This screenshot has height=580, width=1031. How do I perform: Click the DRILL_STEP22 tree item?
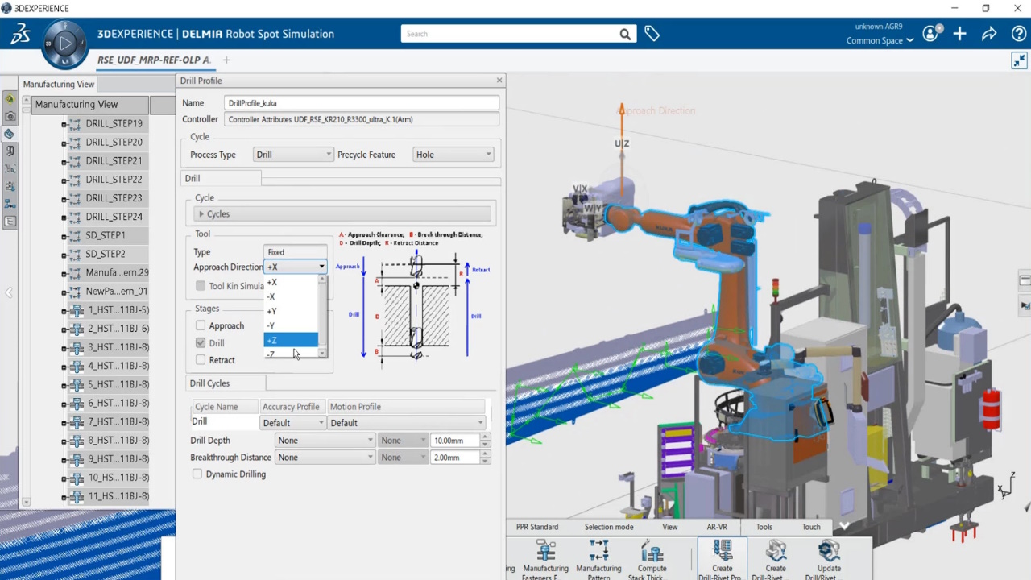(x=114, y=180)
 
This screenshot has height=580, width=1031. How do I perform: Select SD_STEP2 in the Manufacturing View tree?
(x=106, y=254)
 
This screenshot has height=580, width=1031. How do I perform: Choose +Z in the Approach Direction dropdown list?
(x=291, y=340)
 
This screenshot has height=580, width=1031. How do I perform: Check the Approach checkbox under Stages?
(x=201, y=325)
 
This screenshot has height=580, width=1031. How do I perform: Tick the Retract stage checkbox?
(x=201, y=360)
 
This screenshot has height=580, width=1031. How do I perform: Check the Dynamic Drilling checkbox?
(x=197, y=474)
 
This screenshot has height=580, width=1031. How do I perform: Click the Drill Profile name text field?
(x=361, y=103)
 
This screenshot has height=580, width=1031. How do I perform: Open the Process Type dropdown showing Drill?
(x=292, y=155)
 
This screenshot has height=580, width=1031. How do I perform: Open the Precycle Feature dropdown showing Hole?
(x=453, y=155)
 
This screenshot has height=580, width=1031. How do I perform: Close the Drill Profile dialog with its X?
(x=499, y=80)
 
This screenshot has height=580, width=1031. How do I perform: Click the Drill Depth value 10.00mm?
(x=454, y=441)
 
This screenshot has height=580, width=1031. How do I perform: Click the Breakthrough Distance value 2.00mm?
(x=454, y=458)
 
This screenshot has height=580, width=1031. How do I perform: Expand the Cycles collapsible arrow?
(x=201, y=214)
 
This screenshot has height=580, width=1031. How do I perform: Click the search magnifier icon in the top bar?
(x=625, y=35)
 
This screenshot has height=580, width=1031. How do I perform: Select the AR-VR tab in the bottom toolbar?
(x=717, y=527)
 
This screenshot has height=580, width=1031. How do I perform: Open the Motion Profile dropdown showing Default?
(x=407, y=423)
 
